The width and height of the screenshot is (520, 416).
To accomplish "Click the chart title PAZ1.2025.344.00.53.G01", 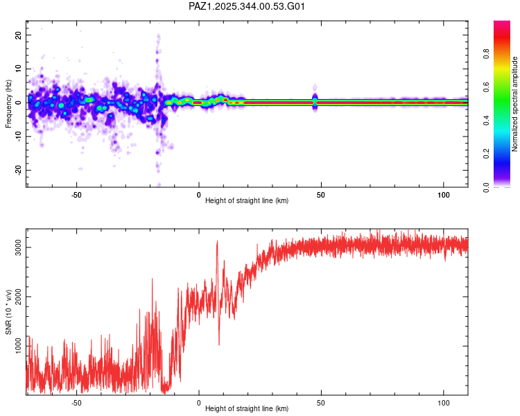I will [248, 7].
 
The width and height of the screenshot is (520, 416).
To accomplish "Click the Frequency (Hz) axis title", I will [8, 103].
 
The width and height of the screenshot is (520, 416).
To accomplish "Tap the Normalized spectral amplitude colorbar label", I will [514, 104].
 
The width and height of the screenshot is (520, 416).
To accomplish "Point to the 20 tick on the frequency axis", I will [19, 35].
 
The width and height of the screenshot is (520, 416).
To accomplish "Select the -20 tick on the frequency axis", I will [17, 170].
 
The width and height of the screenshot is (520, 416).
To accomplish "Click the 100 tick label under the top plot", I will [444, 194].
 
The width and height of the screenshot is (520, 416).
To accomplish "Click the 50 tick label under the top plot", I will [321, 194].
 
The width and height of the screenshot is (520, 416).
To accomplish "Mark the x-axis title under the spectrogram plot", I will [247, 201].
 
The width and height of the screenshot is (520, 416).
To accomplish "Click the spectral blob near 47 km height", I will [315, 101].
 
